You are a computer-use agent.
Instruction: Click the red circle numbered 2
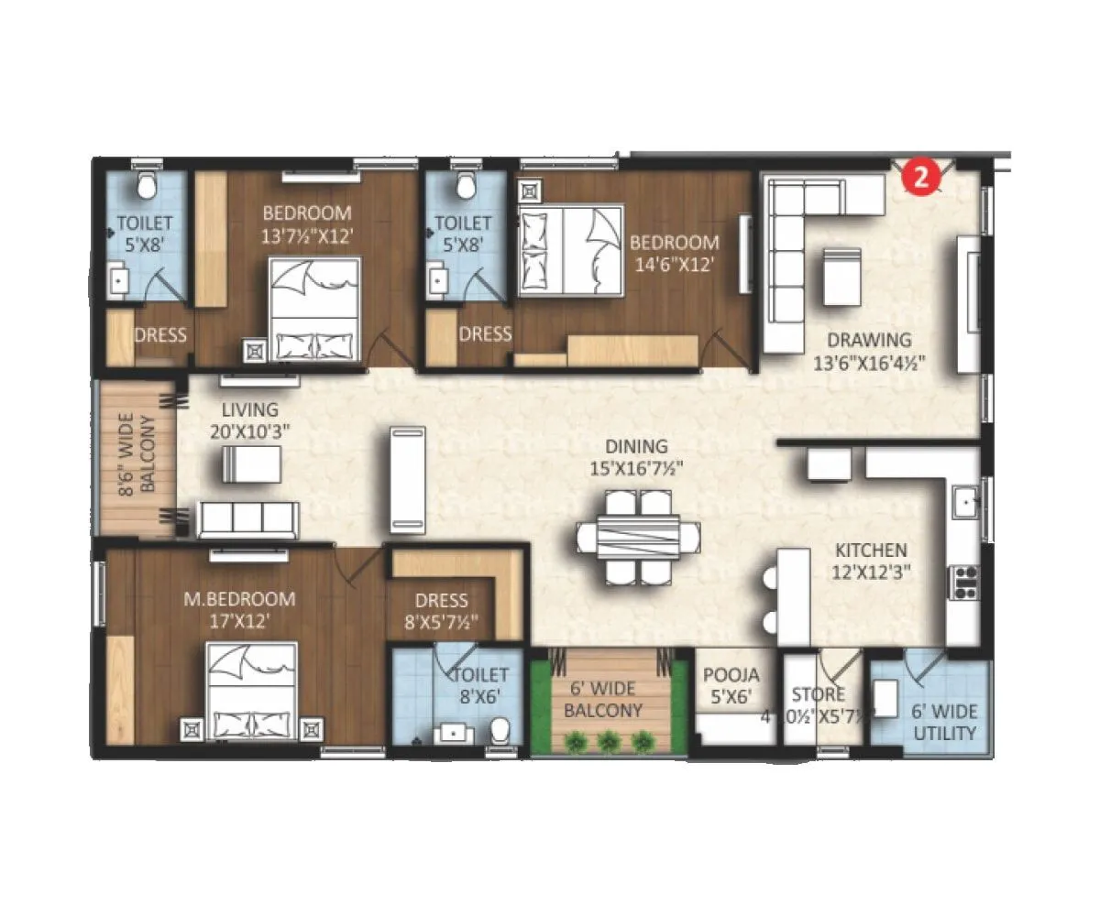pyautogui.click(x=921, y=176)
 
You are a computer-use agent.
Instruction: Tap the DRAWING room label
pyautogui.click(x=868, y=340)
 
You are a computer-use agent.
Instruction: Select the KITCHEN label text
pyautogui.click(x=871, y=551)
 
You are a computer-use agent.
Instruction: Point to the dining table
pyautogui.click(x=639, y=537)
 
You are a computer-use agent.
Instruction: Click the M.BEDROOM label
pyautogui.click(x=239, y=599)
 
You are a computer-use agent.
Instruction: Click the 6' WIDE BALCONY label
pyautogui.click(x=602, y=698)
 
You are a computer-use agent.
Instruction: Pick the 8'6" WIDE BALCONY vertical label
pyautogui.click(x=137, y=455)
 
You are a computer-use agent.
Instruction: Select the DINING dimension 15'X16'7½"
pyautogui.click(x=636, y=468)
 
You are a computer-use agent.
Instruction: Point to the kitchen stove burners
pyautogui.click(x=965, y=583)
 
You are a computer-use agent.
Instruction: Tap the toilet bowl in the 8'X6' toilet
pyautogui.click(x=500, y=730)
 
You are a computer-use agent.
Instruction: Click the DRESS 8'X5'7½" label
pyautogui.click(x=441, y=612)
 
